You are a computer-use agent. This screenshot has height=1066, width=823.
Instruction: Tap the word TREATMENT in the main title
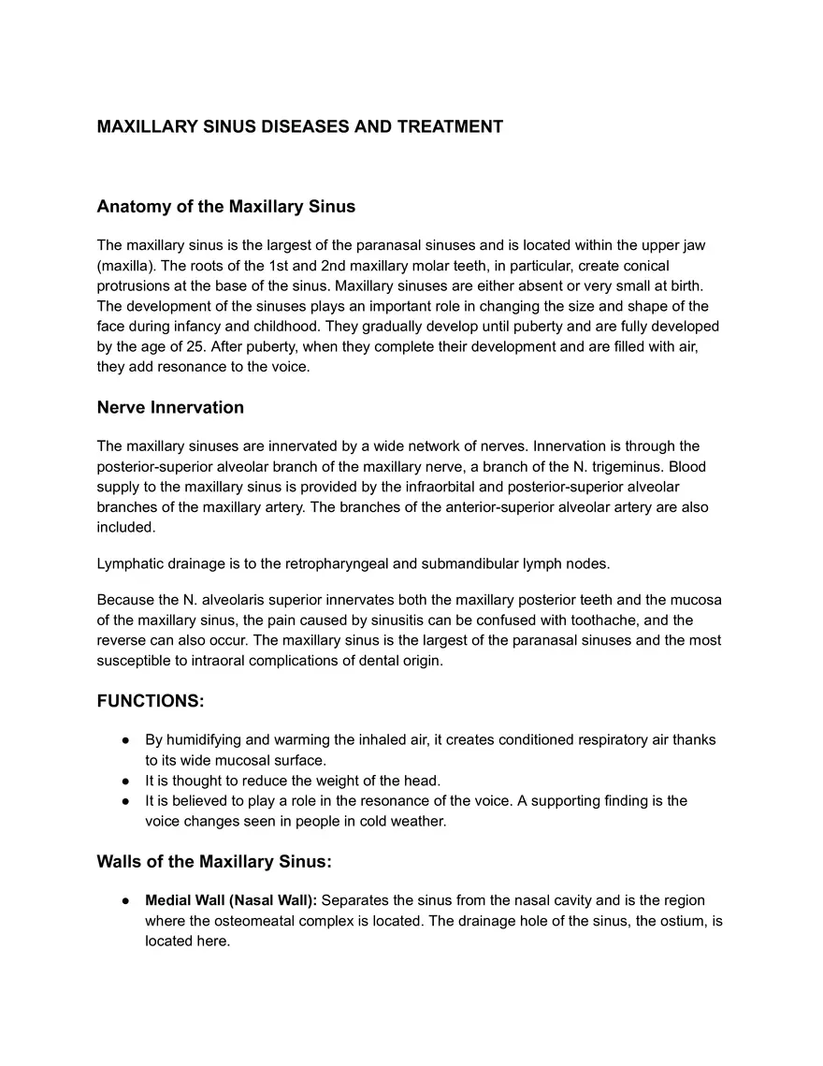point(450,126)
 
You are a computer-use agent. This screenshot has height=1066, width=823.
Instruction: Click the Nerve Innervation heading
point(170,407)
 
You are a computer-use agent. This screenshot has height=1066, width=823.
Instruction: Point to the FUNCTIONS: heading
point(150,701)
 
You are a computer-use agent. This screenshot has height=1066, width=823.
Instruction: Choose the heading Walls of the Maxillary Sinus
point(214,861)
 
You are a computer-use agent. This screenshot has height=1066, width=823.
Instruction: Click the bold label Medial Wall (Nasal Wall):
point(231,900)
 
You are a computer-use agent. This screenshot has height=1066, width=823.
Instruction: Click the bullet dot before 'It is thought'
point(124,781)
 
